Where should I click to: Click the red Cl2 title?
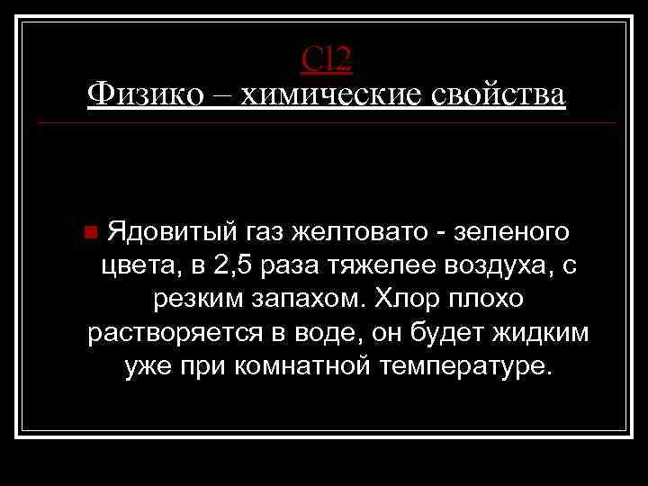[x=327, y=59]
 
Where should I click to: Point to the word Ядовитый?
[x=170, y=232]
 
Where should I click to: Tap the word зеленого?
[x=512, y=232]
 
